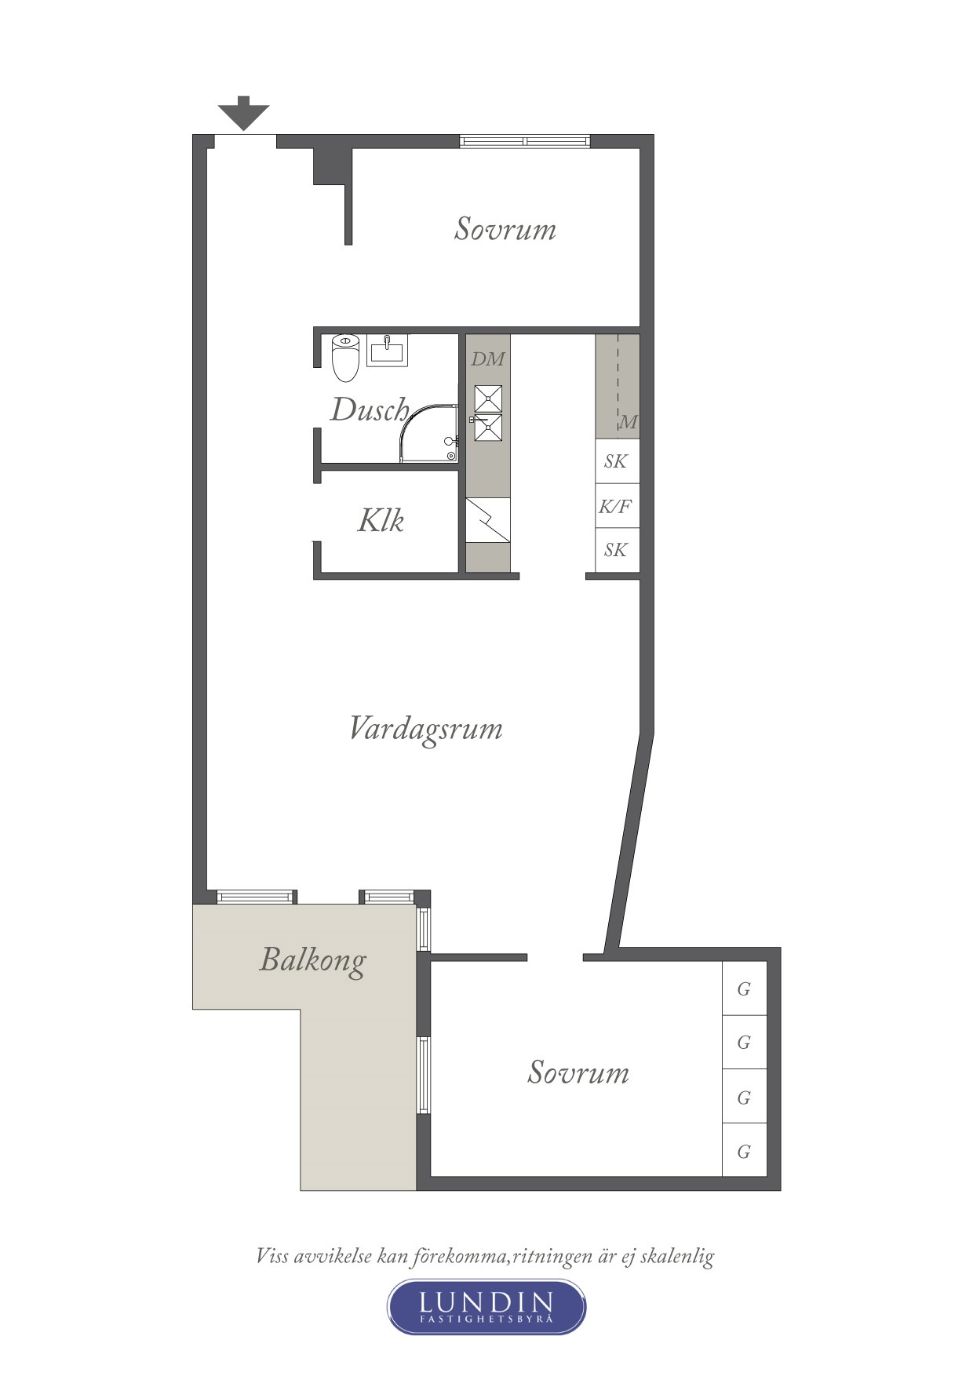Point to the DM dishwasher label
487,359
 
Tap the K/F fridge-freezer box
617,506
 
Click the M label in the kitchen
629,422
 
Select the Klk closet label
381,520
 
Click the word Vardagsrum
425,729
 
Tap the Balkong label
312,959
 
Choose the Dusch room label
369,410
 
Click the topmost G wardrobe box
744,988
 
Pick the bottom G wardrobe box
744,1151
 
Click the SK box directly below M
617,461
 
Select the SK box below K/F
617,550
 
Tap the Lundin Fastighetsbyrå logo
486,1306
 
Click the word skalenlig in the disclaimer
677,1256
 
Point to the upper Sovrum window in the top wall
524,141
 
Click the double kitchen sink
488,413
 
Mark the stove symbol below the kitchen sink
488,520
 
